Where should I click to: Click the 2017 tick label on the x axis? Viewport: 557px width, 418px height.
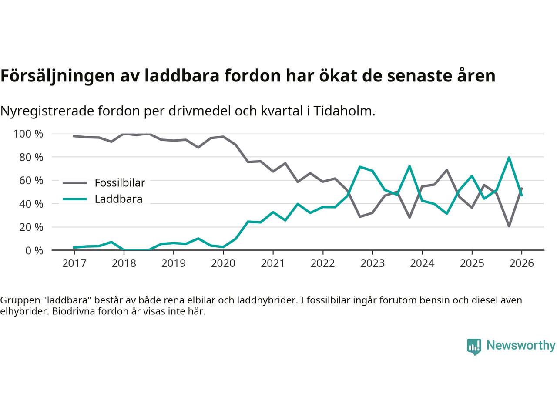click(x=74, y=263)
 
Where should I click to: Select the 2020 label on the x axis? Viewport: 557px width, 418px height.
click(x=223, y=263)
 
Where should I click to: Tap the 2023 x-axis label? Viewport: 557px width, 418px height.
click(x=372, y=263)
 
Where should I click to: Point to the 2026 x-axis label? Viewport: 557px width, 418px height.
click(x=521, y=263)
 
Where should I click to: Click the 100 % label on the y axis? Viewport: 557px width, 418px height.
click(x=28, y=134)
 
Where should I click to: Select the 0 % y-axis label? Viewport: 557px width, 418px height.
click(x=34, y=250)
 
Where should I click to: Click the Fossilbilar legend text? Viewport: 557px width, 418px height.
click(x=120, y=183)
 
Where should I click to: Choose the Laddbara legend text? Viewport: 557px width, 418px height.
click(x=118, y=199)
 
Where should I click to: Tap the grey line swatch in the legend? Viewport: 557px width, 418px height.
click(x=75, y=183)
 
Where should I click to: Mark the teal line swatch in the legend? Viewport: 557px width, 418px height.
click(x=75, y=199)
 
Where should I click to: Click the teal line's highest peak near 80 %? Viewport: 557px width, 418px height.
click(x=509, y=158)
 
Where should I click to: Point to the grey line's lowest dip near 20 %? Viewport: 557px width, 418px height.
click(x=509, y=226)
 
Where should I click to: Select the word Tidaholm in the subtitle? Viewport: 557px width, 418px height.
click(x=344, y=111)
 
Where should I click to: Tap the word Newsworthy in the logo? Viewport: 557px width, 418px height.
click(x=521, y=345)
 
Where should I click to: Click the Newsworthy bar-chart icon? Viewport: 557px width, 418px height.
click(x=474, y=346)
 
